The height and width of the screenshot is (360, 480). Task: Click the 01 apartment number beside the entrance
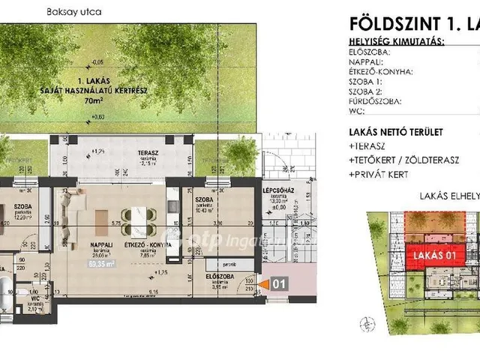pos(278,284)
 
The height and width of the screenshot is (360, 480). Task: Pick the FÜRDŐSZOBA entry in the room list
pos(375,100)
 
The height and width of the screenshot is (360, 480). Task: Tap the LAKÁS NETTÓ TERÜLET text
pos(396,132)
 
